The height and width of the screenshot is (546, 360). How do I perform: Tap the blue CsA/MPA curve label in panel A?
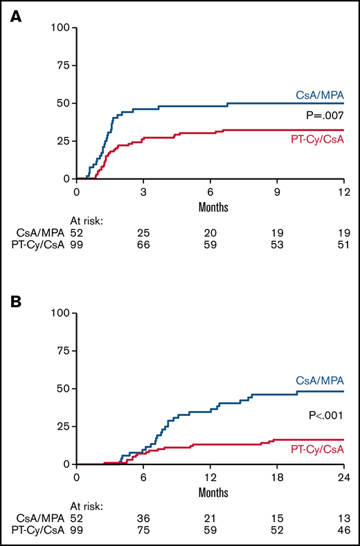(322, 97)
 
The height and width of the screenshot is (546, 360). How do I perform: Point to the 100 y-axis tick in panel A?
(62, 28)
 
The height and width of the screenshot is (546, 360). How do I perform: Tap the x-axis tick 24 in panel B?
(343, 476)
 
